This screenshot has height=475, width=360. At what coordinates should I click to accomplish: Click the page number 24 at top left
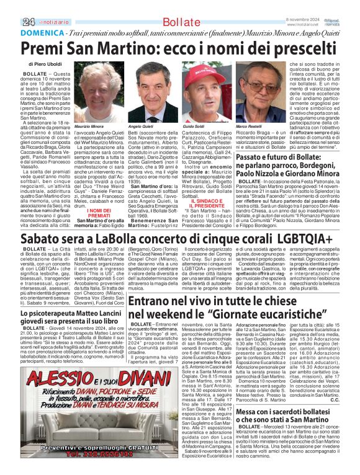pyautogui.click(x=27, y=22)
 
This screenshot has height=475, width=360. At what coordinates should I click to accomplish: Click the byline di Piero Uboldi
pyautogui.click(x=45, y=64)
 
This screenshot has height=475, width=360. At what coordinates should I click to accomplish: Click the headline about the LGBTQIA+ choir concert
pyautogui.click(x=176, y=239)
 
